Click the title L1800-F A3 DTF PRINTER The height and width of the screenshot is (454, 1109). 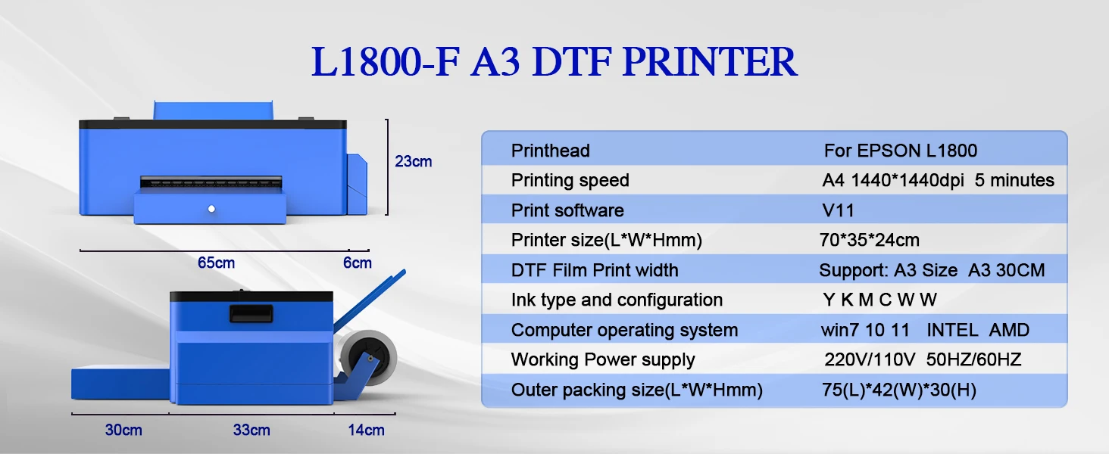point(554,61)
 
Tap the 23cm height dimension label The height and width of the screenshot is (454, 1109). point(414,162)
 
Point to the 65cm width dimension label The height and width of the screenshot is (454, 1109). point(217,263)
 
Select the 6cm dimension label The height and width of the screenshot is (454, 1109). point(358,263)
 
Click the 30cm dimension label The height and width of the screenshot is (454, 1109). point(123,431)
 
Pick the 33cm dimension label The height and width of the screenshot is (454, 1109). point(251,431)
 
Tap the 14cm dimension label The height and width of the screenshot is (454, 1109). point(367,431)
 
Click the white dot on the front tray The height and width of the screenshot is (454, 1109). point(211,209)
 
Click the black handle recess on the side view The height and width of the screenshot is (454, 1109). point(251,313)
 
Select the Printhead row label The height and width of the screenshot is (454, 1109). point(551,151)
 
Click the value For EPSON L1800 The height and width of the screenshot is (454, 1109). point(901,151)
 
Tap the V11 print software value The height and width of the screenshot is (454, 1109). point(838,210)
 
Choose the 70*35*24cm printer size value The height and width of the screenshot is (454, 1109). point(870,241)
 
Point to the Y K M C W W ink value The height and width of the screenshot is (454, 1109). point(879,300)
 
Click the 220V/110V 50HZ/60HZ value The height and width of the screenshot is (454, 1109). point(923,359)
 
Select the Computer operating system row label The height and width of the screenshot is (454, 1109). point(624,330)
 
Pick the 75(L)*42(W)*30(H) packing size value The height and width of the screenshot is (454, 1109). point(899,390)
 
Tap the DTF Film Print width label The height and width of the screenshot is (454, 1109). point(595,271)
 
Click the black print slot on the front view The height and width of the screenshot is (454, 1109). point(211,182)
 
